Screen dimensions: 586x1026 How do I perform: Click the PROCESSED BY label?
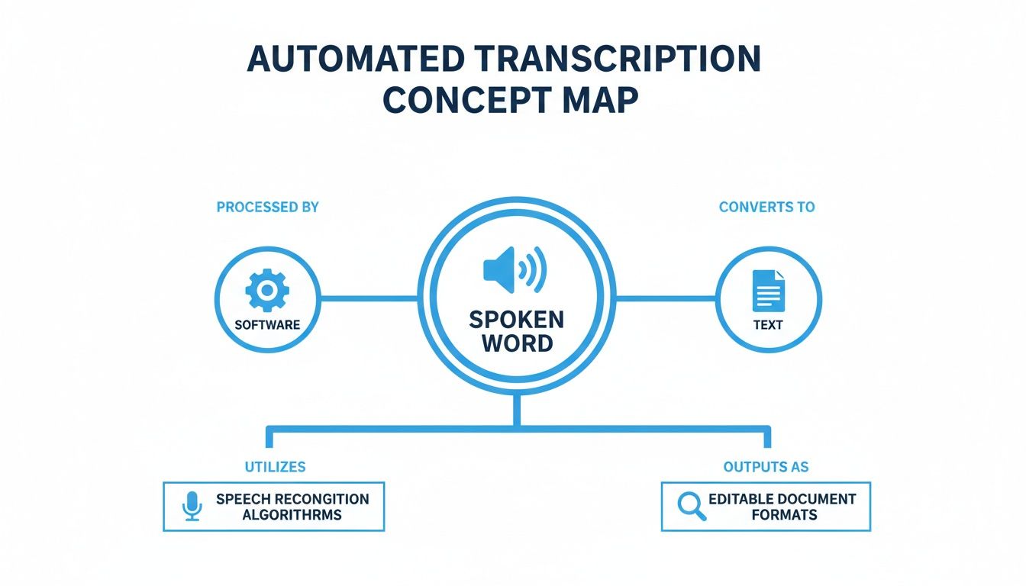tap(267, 207)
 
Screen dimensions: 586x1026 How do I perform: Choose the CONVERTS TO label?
tap(766, 207)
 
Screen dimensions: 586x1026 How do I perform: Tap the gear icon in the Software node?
tap(267, 290)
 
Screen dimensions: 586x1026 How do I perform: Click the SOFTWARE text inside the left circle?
tap(267, 324)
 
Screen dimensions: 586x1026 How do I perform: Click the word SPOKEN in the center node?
tap(516, 319)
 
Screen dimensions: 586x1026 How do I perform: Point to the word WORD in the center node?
tap(517, 343)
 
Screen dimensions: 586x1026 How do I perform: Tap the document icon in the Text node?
tap(768, 290)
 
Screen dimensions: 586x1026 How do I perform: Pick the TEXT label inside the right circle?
tap(768, 324)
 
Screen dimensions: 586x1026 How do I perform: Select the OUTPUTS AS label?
tap(766, 466)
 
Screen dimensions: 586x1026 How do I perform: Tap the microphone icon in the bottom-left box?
tap(192, 506)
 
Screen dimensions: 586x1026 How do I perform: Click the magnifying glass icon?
tap(692, 506)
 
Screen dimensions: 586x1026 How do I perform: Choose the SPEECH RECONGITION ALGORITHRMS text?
tap(292, 507)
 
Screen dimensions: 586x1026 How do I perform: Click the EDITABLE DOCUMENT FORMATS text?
tap(782, 507)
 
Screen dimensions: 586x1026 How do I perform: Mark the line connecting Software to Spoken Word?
tap(369, 298)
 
